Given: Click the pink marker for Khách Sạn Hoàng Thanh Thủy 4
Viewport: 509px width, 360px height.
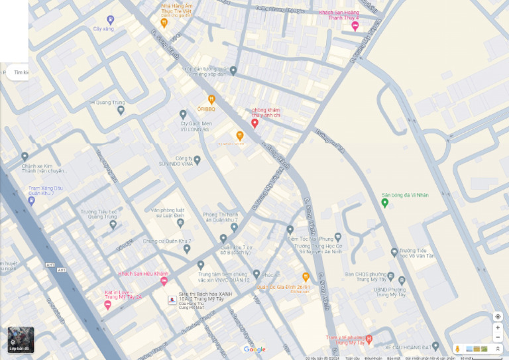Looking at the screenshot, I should [355, 26].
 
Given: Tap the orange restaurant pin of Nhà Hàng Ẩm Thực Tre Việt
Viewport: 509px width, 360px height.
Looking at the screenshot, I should [164, 23].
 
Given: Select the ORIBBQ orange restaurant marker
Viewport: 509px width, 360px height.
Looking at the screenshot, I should [211, 99].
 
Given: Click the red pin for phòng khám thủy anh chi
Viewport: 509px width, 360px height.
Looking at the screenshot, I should [254, 123].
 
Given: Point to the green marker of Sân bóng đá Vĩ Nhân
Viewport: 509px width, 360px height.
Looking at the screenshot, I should [385, 202].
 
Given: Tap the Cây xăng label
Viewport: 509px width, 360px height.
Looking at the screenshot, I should [103, 29].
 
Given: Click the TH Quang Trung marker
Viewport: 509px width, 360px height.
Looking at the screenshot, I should [121, 110].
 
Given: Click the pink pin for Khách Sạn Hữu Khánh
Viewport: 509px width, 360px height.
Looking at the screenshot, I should [164, 281].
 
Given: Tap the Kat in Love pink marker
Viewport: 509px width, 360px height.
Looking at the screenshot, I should [107, 305].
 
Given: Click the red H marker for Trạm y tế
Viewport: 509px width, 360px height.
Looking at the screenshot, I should [369, 338].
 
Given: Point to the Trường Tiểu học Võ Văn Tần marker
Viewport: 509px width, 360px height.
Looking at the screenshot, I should [394, 253].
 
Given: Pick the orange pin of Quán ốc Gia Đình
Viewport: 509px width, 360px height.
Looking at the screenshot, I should [306, 276].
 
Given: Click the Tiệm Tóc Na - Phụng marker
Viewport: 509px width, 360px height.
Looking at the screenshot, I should [290, 230].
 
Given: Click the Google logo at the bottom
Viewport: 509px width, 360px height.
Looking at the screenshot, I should [254, 349].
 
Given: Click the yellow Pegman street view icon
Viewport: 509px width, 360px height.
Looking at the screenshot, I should [457, 349].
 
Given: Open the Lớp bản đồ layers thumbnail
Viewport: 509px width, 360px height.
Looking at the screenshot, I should [21, 339].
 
